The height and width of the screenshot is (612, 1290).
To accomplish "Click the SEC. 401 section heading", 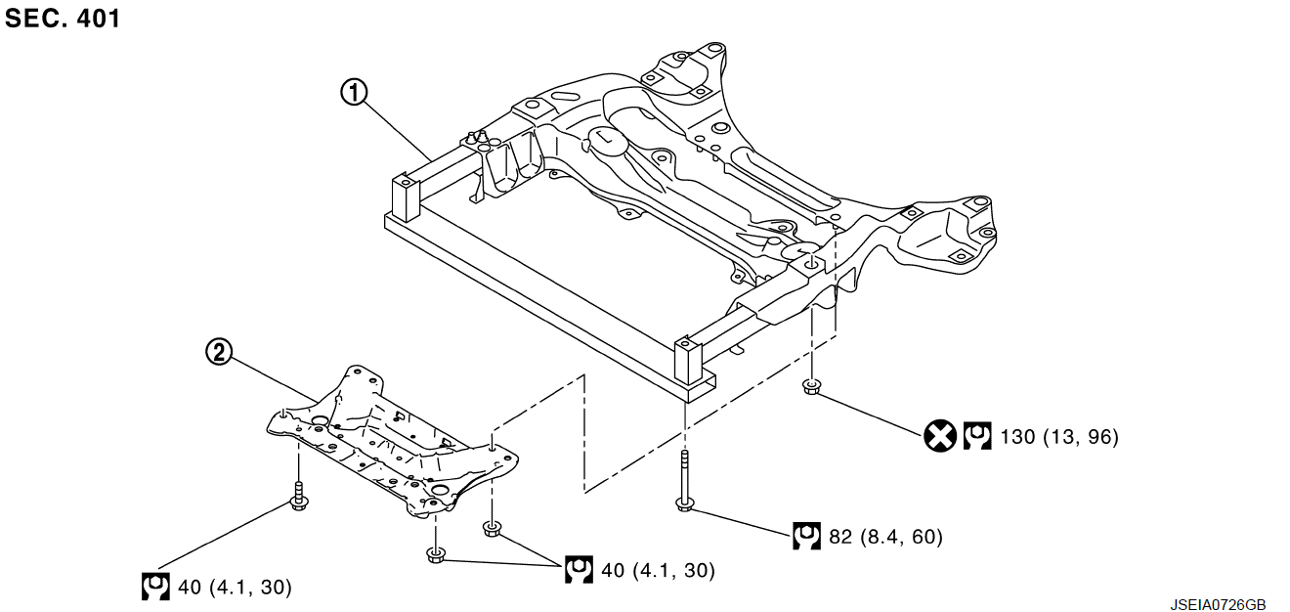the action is pos(63,18).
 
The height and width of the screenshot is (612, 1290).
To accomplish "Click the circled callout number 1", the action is pos(354,92).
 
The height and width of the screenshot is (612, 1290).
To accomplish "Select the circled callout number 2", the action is pos(219,352).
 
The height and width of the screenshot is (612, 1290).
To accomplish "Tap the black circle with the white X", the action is pos(940,436).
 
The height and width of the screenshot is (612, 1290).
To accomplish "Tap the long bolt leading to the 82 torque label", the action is pos(684,481).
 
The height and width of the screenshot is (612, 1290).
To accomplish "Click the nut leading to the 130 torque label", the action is pos(812,387).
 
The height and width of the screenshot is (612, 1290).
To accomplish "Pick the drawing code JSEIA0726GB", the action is pos(1218,604).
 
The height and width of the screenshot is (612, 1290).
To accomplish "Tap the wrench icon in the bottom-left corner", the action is pos(155,587).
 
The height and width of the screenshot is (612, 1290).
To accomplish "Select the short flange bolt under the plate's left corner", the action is pos(299,497).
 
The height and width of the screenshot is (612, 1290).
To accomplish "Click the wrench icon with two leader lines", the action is pos(579,569).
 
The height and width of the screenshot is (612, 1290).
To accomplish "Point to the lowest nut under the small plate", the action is pos(436,555).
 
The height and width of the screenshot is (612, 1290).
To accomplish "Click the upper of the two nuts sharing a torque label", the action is pos(492,529).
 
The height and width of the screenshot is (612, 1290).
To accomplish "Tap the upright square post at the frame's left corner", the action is pos(406,198).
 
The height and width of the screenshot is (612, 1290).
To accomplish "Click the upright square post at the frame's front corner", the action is pos(688,361).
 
